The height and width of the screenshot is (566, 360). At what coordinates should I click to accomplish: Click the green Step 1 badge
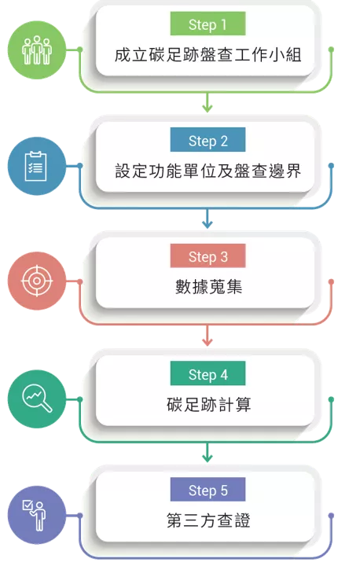click(x=208, y=24)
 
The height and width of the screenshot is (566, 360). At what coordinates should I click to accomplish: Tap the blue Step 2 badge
click(x=208, y=140)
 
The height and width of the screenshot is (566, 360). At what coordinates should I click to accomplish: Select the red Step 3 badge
click(x=208, y=256)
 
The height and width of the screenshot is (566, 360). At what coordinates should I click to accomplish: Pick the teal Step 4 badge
click(x=208, y=373)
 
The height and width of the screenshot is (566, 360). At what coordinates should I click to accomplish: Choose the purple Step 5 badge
click(x=208, y=490)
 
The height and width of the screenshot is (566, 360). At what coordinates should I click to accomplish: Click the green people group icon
click(x=37, y=50)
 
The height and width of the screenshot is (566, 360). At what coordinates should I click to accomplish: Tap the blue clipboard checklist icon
click(x=35, y=166)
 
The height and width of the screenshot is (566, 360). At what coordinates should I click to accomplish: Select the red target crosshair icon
click(x=37, y=281)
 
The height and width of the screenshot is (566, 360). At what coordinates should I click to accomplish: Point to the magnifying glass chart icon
click(x=37, y=398)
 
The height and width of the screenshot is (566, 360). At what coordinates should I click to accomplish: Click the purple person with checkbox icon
click(x=35, y=515)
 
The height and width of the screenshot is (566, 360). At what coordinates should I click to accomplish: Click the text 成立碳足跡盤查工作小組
click(x=208, y=55)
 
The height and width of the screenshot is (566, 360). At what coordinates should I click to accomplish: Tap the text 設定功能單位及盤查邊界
click(x=208, y=171)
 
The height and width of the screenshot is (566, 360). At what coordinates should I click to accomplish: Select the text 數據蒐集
click(x=209, y=288)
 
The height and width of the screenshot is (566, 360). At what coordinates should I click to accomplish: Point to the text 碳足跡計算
click(x=209, y=404)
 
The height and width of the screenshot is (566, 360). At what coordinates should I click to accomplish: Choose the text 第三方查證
click(x=208, y=521)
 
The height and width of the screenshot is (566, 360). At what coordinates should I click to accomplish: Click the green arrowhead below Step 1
click(x=208, y=108)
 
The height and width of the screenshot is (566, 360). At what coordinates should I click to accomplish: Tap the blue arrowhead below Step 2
click(x=208, y=224)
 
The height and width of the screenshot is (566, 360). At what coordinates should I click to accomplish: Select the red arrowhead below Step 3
click(x=208, y=341)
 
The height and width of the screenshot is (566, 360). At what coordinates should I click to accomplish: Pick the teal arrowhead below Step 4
click(x=208, y=458)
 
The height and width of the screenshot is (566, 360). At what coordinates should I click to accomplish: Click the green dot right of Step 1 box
click(x=331, y=50)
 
